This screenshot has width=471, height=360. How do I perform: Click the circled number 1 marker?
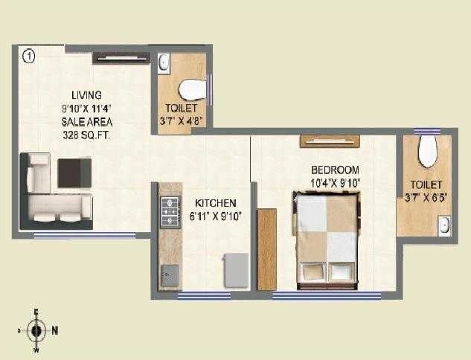click(28, 55)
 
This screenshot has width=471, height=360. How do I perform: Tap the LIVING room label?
click(86, 95)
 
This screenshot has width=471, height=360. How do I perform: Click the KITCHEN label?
click(215, 203)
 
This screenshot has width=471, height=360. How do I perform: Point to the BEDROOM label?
click(335, 170)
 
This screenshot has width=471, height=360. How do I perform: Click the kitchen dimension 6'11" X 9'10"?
click(215, 216)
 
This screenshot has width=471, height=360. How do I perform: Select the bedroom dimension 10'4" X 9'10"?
click(335, 182)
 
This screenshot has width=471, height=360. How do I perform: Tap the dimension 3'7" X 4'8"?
click(182, 120)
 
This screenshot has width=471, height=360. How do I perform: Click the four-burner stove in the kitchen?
click(170, 210)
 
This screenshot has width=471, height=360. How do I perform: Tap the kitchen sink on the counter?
click(169, 274)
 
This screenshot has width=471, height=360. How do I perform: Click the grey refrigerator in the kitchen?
click(237, 270)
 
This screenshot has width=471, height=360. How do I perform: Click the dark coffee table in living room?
click(74, 173)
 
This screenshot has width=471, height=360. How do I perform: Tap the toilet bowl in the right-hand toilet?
click(427, 152)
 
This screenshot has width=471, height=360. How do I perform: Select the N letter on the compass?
click(55, 330)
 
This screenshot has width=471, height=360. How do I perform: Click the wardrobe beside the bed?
click(266, 248)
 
